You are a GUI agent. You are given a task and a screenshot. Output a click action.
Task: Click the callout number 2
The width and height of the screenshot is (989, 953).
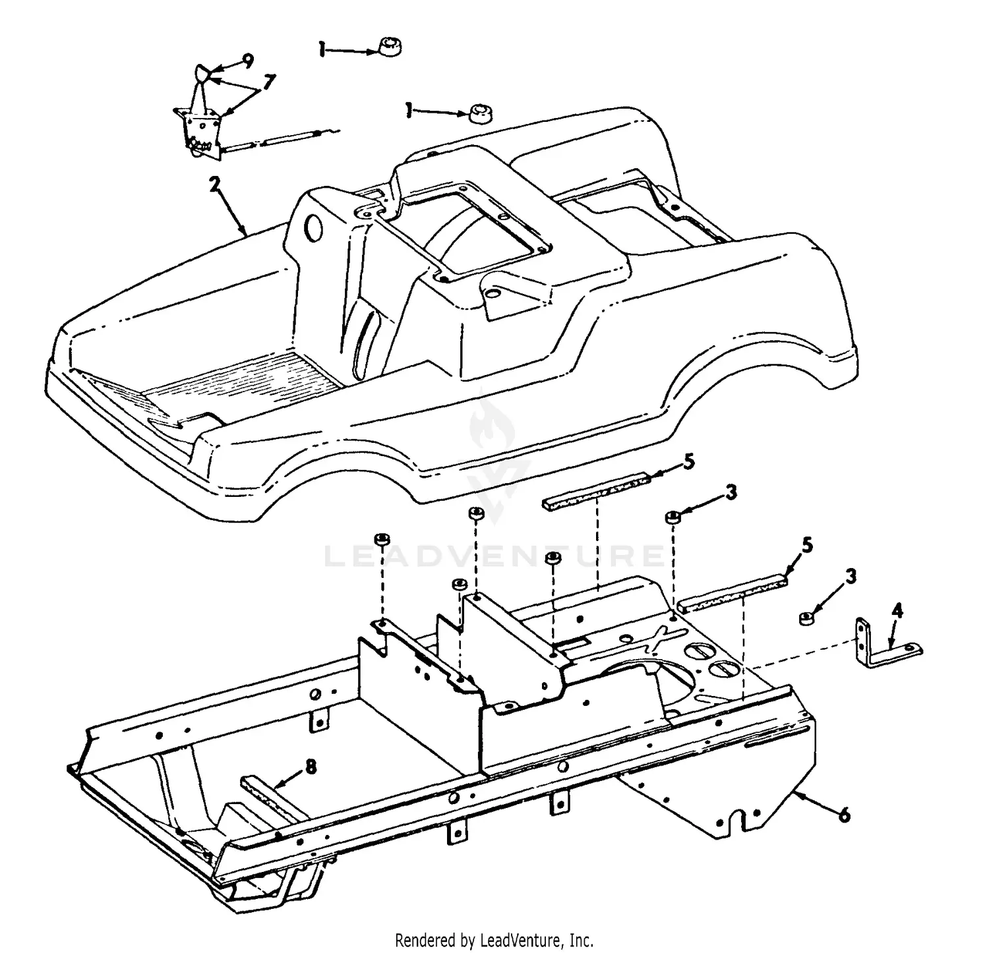[x=214, y=185]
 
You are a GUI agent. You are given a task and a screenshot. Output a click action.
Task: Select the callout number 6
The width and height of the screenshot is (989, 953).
[x=844, y=815]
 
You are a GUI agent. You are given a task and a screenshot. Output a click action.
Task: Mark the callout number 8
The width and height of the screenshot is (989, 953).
[x=310, y=766]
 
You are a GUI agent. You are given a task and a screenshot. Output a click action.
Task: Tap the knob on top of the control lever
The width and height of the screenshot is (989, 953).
[x=202, y=73]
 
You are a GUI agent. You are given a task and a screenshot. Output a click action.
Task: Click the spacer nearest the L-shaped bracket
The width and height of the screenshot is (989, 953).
[x=805, y=618]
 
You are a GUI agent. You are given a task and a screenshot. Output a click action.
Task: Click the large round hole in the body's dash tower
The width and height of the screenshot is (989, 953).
[x=315, y=229]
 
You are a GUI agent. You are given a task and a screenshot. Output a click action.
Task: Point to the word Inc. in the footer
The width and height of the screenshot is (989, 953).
[x=581, y=939]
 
